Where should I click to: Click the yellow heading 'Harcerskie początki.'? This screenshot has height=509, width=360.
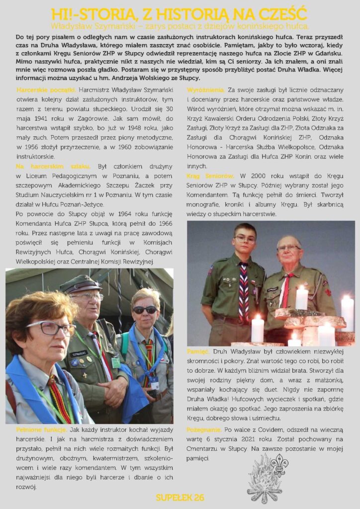click(46, 89)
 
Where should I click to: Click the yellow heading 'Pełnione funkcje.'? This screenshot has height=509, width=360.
click(41, 429)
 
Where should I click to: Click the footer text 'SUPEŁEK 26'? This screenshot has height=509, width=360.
click(180, 498)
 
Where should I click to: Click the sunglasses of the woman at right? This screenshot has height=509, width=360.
click(145, 309)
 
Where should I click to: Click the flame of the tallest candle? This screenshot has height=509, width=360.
click(301, 287)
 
